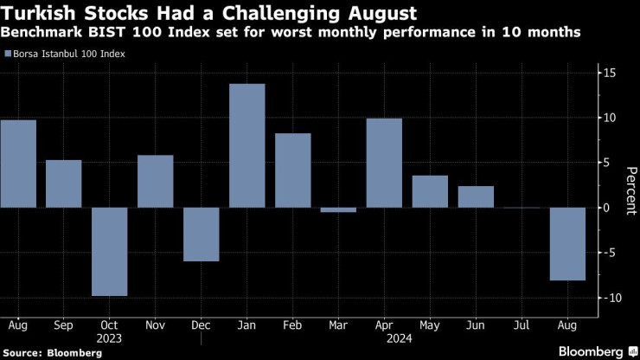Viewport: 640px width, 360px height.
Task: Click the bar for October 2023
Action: click(x=110, y=252)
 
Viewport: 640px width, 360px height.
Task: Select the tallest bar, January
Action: click(x=246, y=145)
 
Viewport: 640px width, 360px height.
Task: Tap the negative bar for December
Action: click(x=201, y=235)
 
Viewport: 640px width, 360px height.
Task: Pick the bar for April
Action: click(x=384, y=164)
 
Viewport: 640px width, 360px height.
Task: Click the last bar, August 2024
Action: click(x=567, y=244)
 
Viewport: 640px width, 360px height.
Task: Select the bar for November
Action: click(x=156, y=182)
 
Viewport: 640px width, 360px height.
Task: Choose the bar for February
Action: click(x=292, y=170)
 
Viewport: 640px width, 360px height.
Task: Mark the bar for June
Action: click(x=476, y=197)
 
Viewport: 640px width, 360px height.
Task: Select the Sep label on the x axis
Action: click(x=64, y=325)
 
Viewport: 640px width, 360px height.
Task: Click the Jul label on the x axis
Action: click(x=522, y=325)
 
